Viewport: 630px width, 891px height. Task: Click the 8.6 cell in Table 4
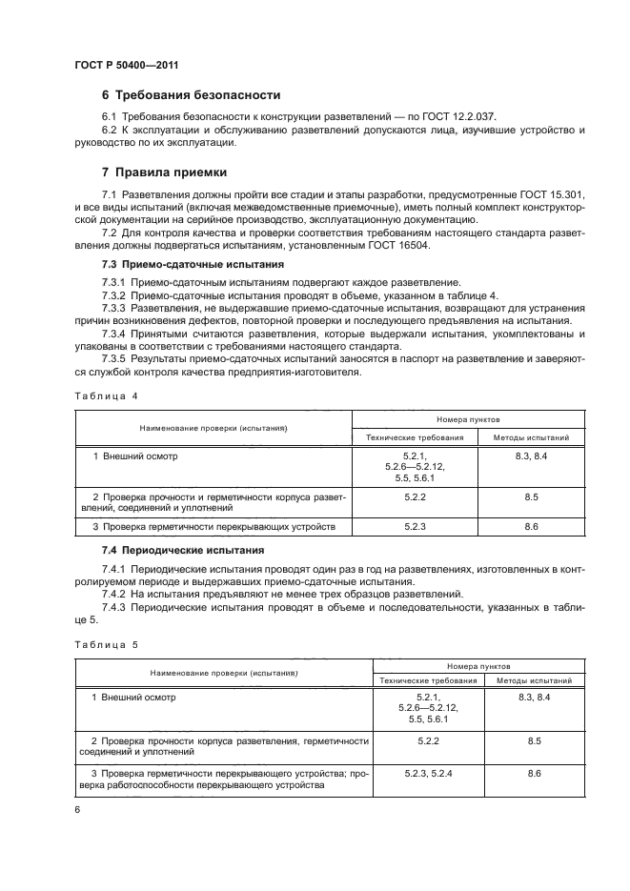point(531,526)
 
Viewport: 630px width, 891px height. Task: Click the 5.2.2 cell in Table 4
point(415,497)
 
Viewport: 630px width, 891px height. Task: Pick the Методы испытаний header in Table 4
point(531,437)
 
